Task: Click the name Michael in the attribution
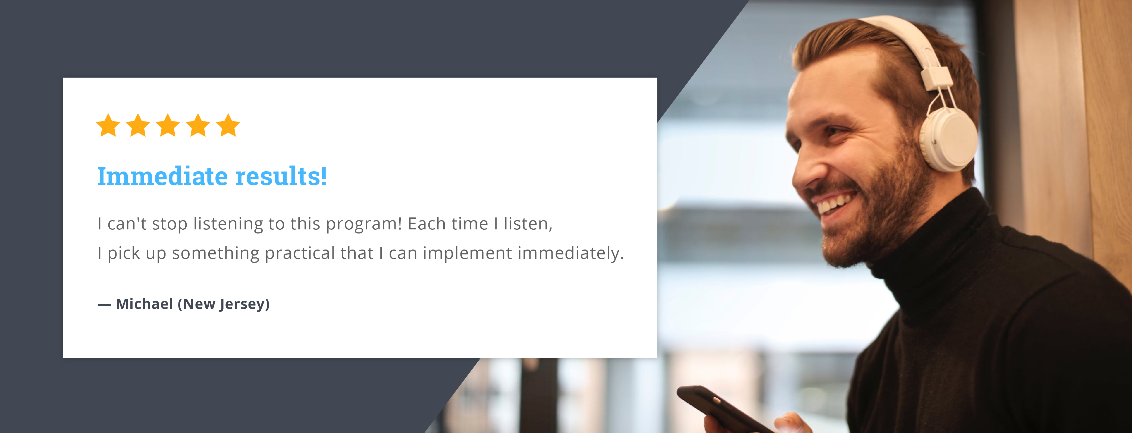click(x=145, y=304)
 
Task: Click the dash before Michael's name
click(x=104, y=305)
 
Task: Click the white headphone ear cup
click(x=949, y=138)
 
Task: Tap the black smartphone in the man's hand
click(x=725, y=409)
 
